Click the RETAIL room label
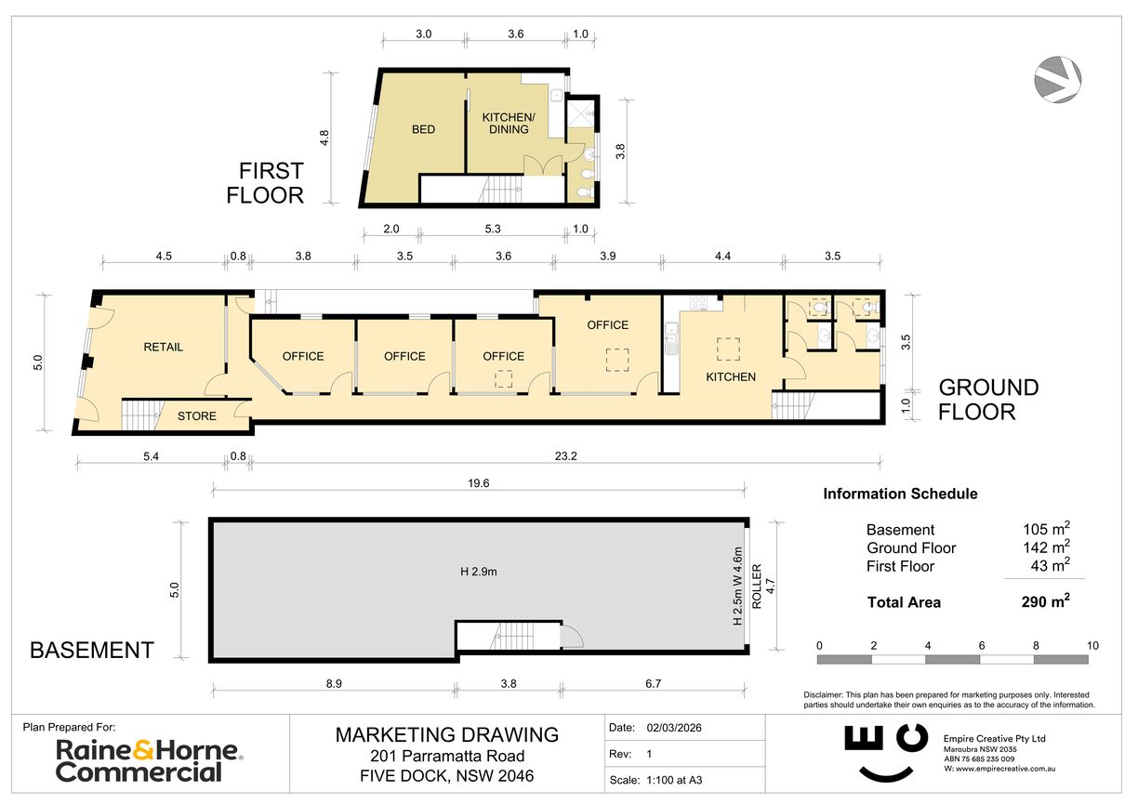[x=163, y=347]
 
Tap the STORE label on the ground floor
[x=196, y=415]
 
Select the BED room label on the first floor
[x=423, y=129]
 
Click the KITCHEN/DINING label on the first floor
[x=508, y=123]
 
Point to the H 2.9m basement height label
[x=479, y=572]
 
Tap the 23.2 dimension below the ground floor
[x=566, y=456]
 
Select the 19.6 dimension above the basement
[x=479, y=483]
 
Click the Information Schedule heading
[x=900, y=494]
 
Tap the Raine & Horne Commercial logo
[x=148, y=760]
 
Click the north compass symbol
[x=1059, y=79]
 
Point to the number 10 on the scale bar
[x=1092, y=645]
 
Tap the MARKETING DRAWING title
[x=447, y=734]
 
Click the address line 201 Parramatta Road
[x=447, y=756]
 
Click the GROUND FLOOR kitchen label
[x=731, y=376]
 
